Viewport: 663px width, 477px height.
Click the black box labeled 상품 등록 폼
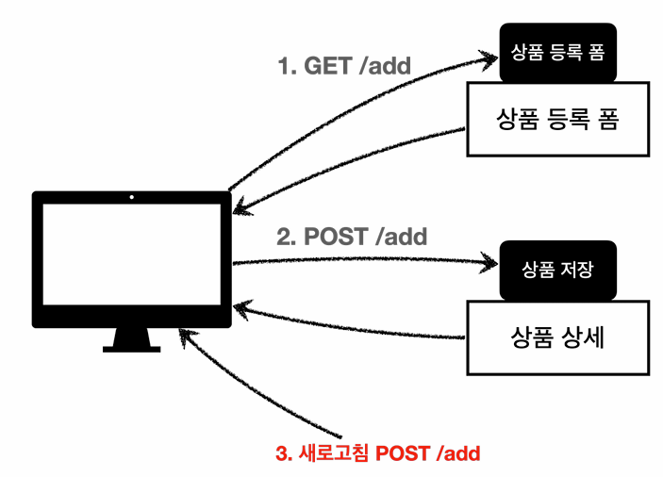pyautogui.click(x=557, y=53)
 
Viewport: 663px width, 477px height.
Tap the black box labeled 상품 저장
pyautogui.click(x=557, y=270)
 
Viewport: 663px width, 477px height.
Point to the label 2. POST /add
pyautogui.click(x=352, y=236)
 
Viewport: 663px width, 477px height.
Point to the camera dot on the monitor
pyautogui.click(x=131, y=198)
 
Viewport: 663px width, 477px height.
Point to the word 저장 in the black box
pyautogui.click(x=575, y=270)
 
